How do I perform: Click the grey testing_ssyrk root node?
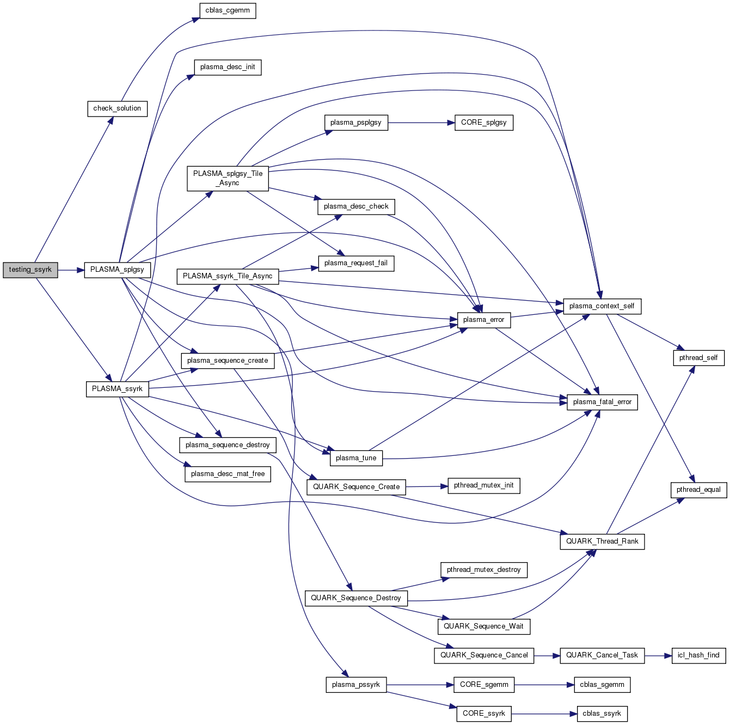point(30,270)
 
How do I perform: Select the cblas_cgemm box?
point(228,11)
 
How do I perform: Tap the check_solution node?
point(117,108)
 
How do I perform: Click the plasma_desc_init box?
point(228,67)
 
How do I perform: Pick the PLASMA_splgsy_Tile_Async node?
point(228,178)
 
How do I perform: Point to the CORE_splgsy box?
point(483,123)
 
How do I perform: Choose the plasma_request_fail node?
point(356,263)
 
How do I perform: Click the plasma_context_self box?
point(602,306)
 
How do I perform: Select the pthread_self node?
point(698,358)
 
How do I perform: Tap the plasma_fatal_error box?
point(602,402)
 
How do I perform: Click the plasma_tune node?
point(356,458)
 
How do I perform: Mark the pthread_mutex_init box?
point(483,485)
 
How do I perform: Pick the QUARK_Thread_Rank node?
point(602,541)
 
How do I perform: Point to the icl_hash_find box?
point(698,655)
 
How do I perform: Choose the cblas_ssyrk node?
point(602,714)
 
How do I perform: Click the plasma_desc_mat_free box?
point(228,474)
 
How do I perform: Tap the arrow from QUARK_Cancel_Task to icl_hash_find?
point(658,655)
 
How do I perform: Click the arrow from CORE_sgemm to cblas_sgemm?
point(544,685)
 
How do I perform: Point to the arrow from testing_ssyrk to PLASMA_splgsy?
point(71,270)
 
